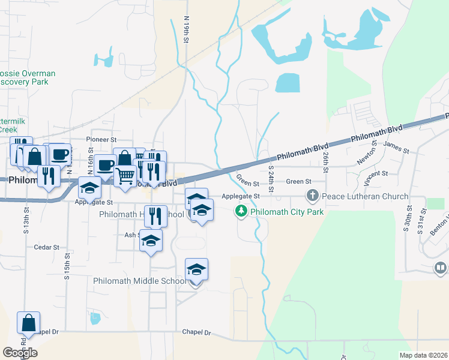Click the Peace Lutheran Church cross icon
[x=312, y=196]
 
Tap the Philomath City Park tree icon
[x=241, y=211]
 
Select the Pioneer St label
[x=100, y=139]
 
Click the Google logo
[x=20, y=353]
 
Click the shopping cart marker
[x=125, y=176]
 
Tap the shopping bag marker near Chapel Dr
[x=29, y=323]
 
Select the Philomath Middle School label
[x=139, y=281]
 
